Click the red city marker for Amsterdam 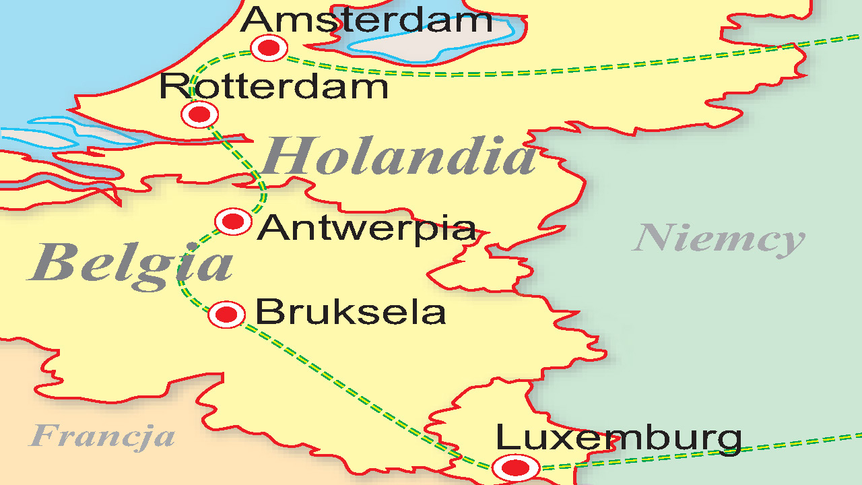(x=269, y=48)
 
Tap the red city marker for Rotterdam (x=199, y=115)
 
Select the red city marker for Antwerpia (x=233, y=222)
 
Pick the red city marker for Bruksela (x=226, y=315)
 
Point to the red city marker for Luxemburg (x=516, y=467)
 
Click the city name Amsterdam (x=366, y=20)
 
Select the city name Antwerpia (x=366, y=229)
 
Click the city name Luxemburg (x=618, y=438)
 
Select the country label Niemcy (x=719, y=239)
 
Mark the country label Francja (x=102, y=436)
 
